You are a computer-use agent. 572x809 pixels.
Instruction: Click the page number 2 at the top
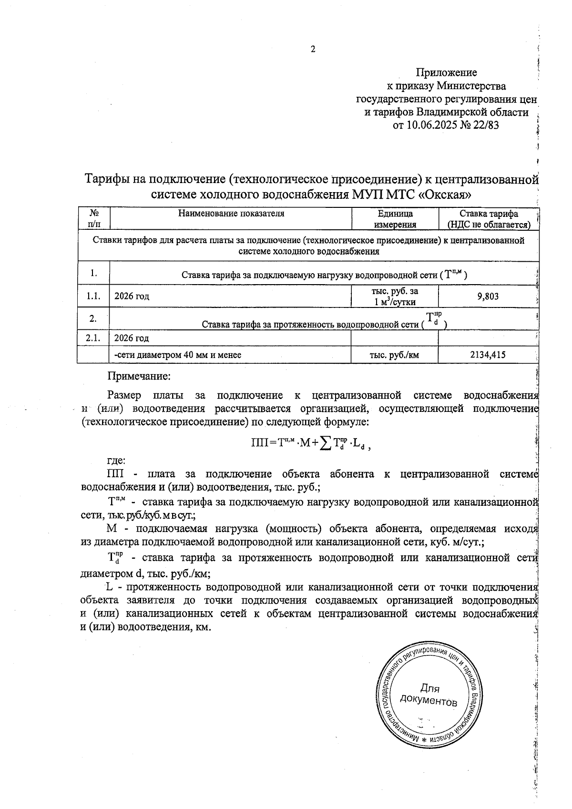(313, 49)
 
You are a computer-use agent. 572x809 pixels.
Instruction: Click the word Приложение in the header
(446, 72)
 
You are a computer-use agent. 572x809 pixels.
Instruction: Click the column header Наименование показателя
(231, 214)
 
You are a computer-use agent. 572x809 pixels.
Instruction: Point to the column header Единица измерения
(395, 219)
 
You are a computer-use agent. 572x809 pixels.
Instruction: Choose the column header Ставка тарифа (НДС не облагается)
(489, 219)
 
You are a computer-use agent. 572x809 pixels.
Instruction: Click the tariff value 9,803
(488, 297)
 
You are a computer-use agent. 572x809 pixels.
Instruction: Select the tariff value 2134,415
(488, 355)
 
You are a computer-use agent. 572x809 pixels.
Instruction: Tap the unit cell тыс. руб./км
(395, 355)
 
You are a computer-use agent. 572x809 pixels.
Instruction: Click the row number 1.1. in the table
(93, 297)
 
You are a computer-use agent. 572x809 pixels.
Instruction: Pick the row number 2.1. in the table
(93, 338)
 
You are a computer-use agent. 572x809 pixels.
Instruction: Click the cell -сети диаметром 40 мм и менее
(178, 355)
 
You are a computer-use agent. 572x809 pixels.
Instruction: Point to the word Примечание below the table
(139, 376)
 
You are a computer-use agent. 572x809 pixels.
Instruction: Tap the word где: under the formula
(116, 461)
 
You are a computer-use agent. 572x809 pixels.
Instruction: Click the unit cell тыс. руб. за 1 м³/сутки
(395, 297)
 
